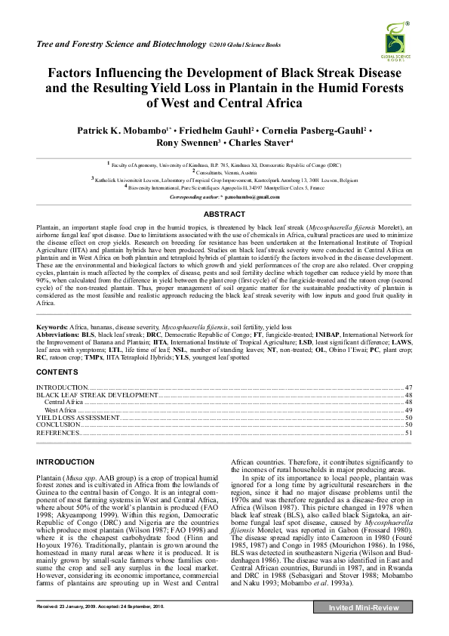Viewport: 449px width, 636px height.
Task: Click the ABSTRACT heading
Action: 224,215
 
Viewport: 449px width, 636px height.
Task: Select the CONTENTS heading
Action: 57,372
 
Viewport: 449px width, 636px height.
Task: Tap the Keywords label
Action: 52,326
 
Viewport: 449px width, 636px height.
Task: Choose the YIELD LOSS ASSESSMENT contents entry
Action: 78,417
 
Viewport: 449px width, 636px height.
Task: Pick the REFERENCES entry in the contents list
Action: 58,433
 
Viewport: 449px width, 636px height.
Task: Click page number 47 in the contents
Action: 407,387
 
